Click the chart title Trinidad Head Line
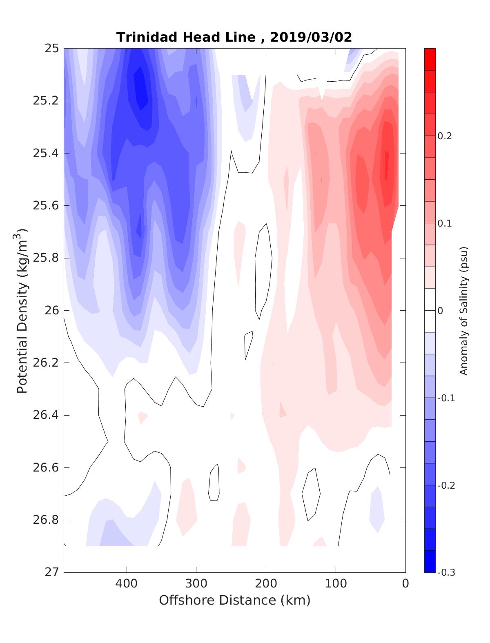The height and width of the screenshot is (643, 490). pos(185,37)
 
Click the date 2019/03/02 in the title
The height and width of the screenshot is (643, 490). pos(311,37)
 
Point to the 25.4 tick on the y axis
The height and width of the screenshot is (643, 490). pos(45,154)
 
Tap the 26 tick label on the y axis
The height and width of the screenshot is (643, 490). pos(51,311)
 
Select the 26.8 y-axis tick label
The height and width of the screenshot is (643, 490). pos(45,520)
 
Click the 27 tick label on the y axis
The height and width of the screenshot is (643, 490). pos(51,572)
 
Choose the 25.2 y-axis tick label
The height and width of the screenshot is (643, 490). pos(45,101)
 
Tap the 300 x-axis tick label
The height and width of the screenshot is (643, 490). pos(196,583)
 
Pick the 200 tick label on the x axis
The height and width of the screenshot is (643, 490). pos(266,583)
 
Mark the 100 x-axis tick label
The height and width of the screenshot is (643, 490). pos(336,583)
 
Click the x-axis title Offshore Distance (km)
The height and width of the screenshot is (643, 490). pos(234,600)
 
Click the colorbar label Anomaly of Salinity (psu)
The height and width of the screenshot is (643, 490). pos(463,311)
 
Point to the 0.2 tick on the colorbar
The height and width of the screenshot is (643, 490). pos(445,136)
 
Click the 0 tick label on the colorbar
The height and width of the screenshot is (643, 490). pos(440,311)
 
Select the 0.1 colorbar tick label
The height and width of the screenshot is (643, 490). pos(445,224)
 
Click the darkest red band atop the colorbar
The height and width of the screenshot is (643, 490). pos(430,59)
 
